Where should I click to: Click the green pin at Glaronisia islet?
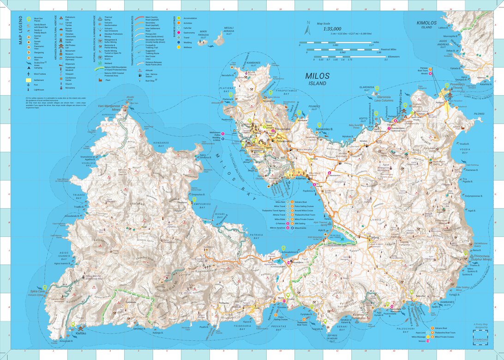[376, 89]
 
